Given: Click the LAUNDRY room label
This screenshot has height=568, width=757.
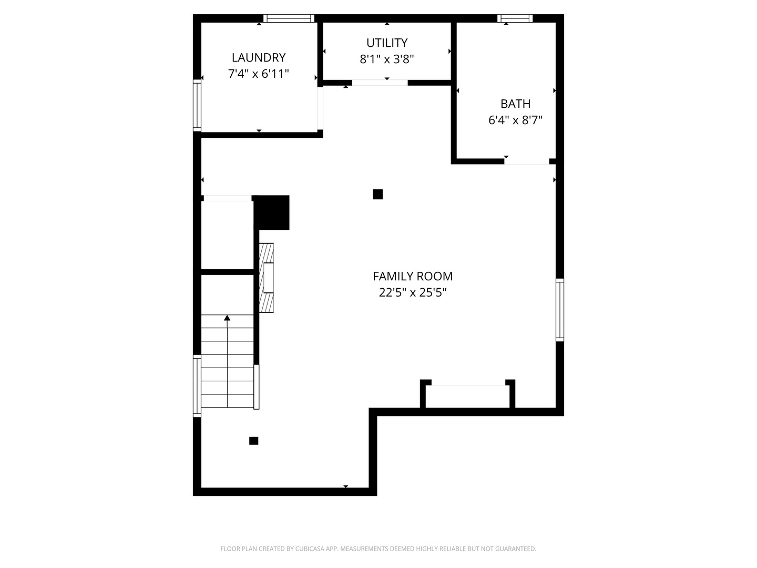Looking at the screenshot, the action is click(258, 58).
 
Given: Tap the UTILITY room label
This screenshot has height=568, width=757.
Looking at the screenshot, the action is click(386, 43).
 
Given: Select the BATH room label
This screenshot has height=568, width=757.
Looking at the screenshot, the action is click(515, 104).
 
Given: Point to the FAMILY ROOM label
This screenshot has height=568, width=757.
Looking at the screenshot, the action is click(413, 276).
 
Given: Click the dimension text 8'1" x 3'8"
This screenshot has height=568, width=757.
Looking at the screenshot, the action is click(386, 59).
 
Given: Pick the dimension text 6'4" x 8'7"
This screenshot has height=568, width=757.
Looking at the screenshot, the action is click(515, 120).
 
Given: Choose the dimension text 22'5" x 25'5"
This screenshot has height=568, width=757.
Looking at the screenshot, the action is click(413, 292).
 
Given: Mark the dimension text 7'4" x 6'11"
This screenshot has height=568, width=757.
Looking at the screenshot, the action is click(258, 74).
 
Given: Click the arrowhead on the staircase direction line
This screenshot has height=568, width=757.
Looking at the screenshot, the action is click(227, 318).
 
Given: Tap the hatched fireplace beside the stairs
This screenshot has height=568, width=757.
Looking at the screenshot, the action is click(266, 278).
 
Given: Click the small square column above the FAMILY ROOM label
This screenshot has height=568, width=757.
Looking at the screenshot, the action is click(377, 195).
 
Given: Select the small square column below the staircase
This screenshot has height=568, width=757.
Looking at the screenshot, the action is click(254, 441).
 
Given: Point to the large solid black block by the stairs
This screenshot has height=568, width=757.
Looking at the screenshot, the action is click(271, 212).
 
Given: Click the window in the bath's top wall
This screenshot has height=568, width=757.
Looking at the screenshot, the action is click(515, 18).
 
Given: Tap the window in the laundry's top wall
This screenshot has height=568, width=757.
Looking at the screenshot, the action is click(289, 18).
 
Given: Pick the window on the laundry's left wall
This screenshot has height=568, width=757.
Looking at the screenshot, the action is click(197, 106).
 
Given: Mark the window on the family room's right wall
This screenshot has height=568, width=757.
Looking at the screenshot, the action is click(560, 310).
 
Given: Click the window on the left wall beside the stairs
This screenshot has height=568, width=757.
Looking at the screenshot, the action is click(197, 386).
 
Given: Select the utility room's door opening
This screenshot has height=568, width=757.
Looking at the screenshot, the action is click(380, 83).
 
